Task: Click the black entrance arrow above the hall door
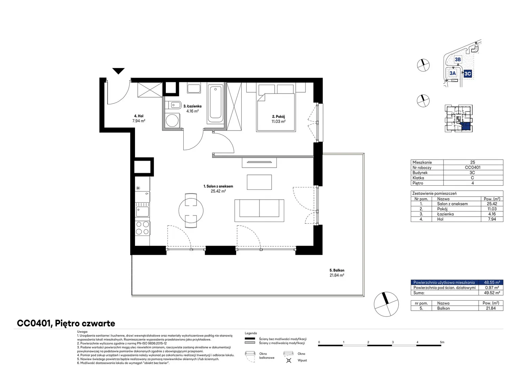coord(118,71)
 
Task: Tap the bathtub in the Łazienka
coord(215,104)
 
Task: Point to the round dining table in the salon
coord(191,210)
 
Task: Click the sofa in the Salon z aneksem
coord(259,211)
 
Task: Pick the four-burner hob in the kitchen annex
coord(142,228)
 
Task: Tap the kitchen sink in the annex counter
coord(142,211)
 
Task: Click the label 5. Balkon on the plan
coord(337,270)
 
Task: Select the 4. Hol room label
coord(139,116)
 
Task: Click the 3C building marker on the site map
coord(468,74)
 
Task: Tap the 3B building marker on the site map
coord(458,59)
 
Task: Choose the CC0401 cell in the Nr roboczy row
coord(472,167)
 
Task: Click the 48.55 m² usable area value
coord(492,282)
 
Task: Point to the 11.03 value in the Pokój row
coord(492,209)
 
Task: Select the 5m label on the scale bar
coord(442,342)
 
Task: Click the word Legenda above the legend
coord(251,333)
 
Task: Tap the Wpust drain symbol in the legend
coord(289,360)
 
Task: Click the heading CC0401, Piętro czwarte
coord(66,323)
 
